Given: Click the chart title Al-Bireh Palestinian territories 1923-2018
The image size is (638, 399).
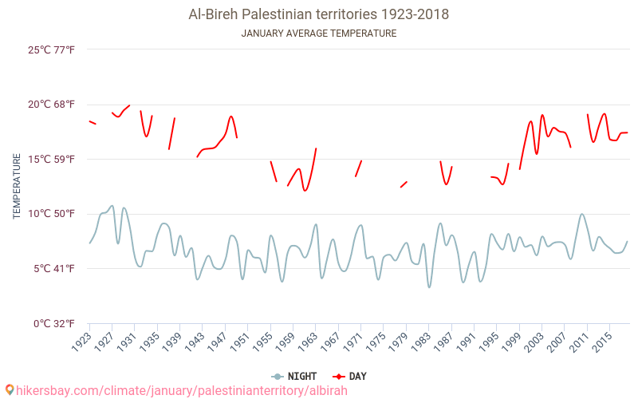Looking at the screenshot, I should click(x=318, y=14).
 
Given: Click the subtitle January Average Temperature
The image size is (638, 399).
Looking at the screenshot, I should click(x=318, y=34).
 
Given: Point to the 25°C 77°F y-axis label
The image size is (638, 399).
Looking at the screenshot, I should click(x=52, y=50).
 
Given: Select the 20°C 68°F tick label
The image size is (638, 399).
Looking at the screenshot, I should click(x=52, y=105).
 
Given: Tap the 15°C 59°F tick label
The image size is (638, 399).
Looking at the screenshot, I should click(x=52, y=160).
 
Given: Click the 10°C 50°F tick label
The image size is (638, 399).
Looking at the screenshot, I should click(x=52, y=214).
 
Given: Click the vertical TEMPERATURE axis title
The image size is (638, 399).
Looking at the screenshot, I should click(x=17, y=187).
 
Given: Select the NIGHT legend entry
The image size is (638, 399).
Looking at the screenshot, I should click(x=294, y=376).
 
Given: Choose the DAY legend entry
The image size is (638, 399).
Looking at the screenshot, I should click(x=350, y=376).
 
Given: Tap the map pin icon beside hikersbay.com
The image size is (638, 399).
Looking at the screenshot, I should click(x=9, y=390).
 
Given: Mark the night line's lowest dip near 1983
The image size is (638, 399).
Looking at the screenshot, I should click(x=429, y=287).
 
